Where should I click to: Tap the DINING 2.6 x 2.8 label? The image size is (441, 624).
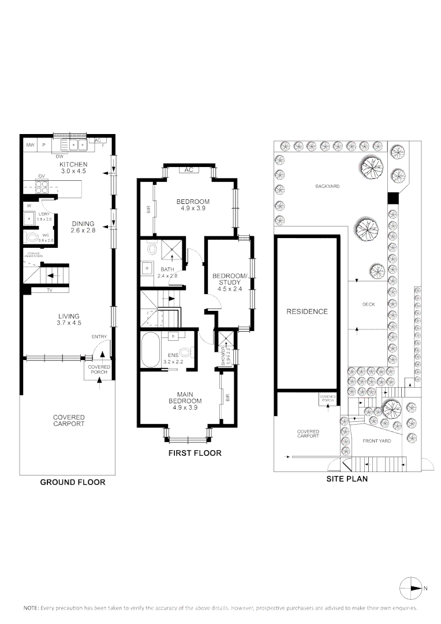click(83, 227)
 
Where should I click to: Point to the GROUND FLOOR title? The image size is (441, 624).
click(73, 482)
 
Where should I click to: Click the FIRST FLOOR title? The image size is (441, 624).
click(195, 453)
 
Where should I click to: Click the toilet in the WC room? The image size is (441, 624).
click(29, 236)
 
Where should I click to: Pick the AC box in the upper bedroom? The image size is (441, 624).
click(188, 170)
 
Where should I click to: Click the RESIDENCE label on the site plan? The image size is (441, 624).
click(307, 311)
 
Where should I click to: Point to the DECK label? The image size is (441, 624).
click(368, 304)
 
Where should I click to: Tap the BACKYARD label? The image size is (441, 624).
click(327, 187)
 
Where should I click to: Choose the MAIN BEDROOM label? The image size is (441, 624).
click(185, 397)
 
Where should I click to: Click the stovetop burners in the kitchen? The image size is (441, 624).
click(42, 188)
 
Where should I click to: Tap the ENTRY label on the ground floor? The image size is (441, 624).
click(99, 337)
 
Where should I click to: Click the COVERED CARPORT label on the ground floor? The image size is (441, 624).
click(69, 420)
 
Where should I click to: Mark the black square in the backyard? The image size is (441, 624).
click(393, 198)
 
